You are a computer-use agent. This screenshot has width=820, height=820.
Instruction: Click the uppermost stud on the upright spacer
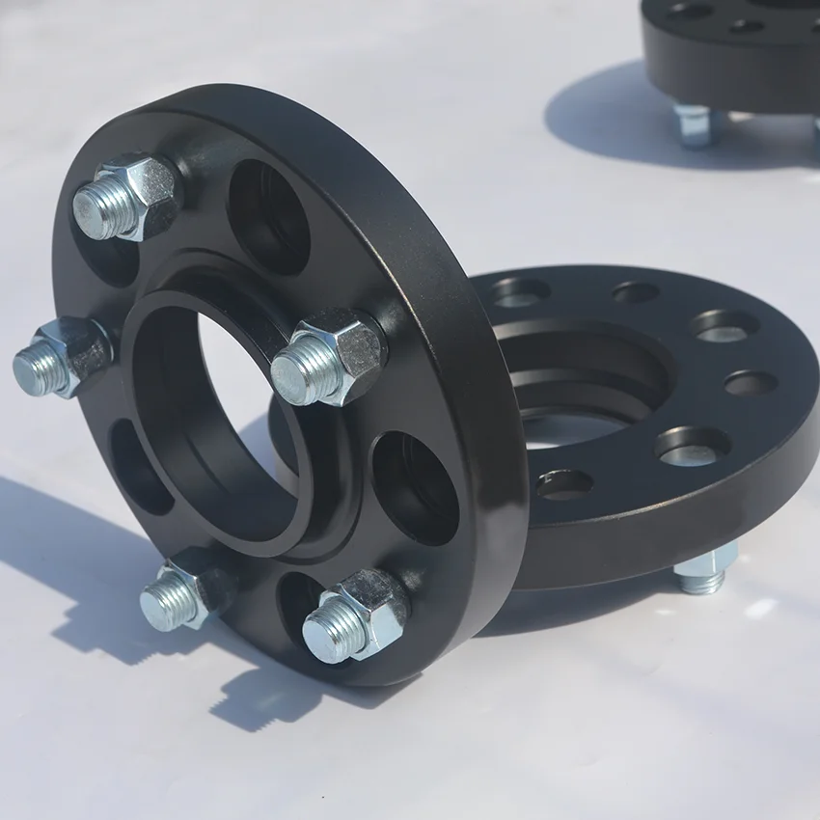pos(125,197)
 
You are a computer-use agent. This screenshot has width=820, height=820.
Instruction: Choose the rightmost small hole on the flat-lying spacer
pos(751,383)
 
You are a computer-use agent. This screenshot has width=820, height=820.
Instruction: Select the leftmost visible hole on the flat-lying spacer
pos(520,292)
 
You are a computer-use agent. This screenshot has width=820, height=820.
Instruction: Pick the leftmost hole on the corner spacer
pos(691,10)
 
